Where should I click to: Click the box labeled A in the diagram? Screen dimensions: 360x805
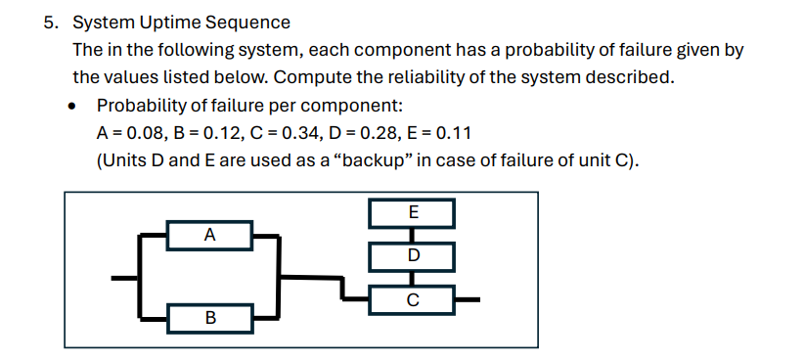pyautogui.click(x=210, y=235)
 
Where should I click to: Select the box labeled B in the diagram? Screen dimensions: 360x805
pyautogui.click(x=210, y=317)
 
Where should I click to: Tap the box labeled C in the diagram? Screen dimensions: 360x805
pyautogui.click(x=412, y=298)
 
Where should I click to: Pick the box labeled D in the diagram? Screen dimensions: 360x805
pyautogui.click(x=412, y=256)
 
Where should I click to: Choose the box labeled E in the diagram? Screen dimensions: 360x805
pyautogui.click(x=412, y=212)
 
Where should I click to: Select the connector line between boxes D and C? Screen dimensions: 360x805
pyautogui.click(x=412, y=279)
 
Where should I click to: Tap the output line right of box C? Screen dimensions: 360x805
pyautogui.click(x=467, y=298)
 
